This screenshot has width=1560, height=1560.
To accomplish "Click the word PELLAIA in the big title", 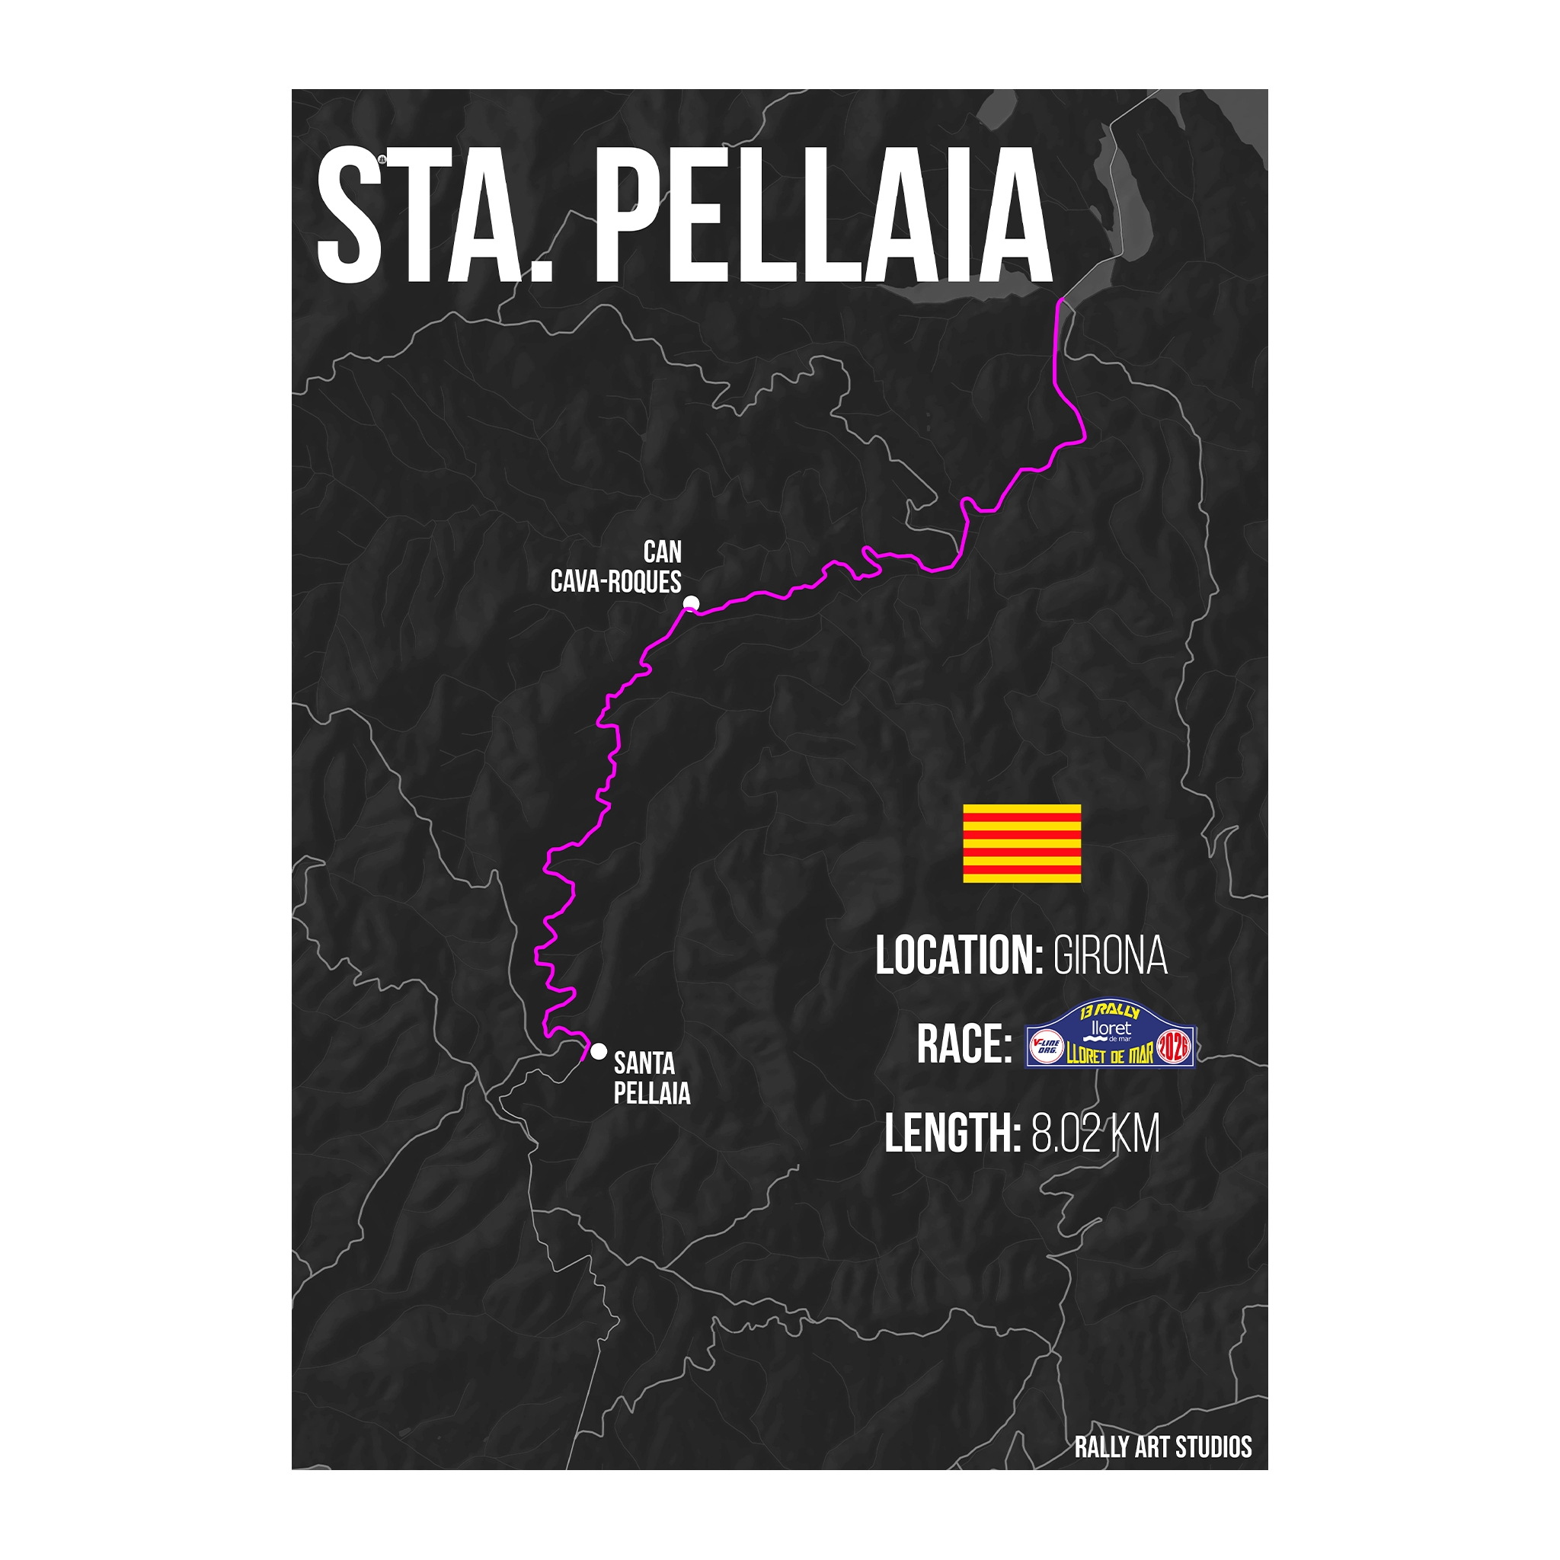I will point(823,216).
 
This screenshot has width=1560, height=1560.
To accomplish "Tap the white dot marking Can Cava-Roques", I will point(691,603).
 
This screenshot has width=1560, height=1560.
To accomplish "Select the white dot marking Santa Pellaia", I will point(598,1051).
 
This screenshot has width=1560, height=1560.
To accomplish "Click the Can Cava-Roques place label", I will point(617,567).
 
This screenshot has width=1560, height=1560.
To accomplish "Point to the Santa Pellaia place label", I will point(651,1078).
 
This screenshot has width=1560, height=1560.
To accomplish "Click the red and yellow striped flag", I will point(1021,843).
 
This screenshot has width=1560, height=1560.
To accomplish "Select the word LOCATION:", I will point(959,956).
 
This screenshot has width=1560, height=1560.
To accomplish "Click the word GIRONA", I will point(1111,956).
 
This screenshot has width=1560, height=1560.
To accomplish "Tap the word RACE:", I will point(964,1045).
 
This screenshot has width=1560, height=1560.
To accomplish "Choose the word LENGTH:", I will point(953,1133).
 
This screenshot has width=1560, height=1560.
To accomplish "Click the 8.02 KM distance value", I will point(1095,1133).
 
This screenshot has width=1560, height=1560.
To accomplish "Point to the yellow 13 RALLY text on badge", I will point(1111,1011).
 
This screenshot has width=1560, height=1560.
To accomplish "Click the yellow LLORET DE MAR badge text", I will point(1109,1055).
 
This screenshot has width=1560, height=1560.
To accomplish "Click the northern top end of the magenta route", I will point(1060,301).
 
